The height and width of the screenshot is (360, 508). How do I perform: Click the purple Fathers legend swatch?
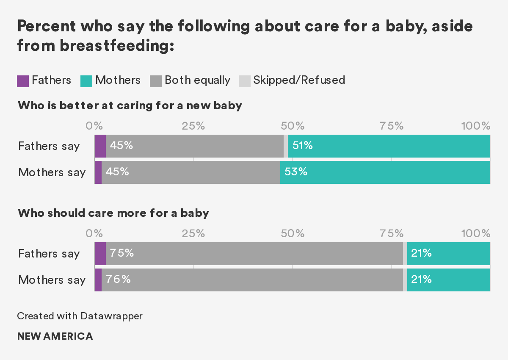(23, 81)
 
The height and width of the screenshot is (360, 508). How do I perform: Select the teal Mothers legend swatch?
(86, 81)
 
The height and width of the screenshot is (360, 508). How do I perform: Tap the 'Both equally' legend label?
(197, 80)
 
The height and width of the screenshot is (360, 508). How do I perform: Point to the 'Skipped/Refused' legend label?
(299, 80)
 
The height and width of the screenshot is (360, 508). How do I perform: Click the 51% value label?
(303, 146)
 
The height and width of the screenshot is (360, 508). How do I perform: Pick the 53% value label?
(295, 172)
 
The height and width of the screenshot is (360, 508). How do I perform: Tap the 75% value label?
(122, 253)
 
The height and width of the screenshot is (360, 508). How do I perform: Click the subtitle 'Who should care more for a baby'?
(113, 213)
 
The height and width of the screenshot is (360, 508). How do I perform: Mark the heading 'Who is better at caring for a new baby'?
(130, 105)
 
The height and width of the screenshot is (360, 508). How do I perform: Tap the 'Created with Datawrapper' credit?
(80, 316)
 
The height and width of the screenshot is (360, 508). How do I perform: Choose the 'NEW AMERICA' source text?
(55, 337)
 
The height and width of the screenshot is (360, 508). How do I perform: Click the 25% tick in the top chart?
(193, 126)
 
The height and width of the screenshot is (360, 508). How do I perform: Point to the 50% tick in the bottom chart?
(293, 233)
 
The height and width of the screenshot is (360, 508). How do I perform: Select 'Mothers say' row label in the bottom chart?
(52, 280)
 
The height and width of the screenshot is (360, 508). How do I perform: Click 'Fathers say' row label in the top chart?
(49, 146)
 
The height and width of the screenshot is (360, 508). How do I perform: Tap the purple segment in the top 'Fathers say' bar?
(100, 146)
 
